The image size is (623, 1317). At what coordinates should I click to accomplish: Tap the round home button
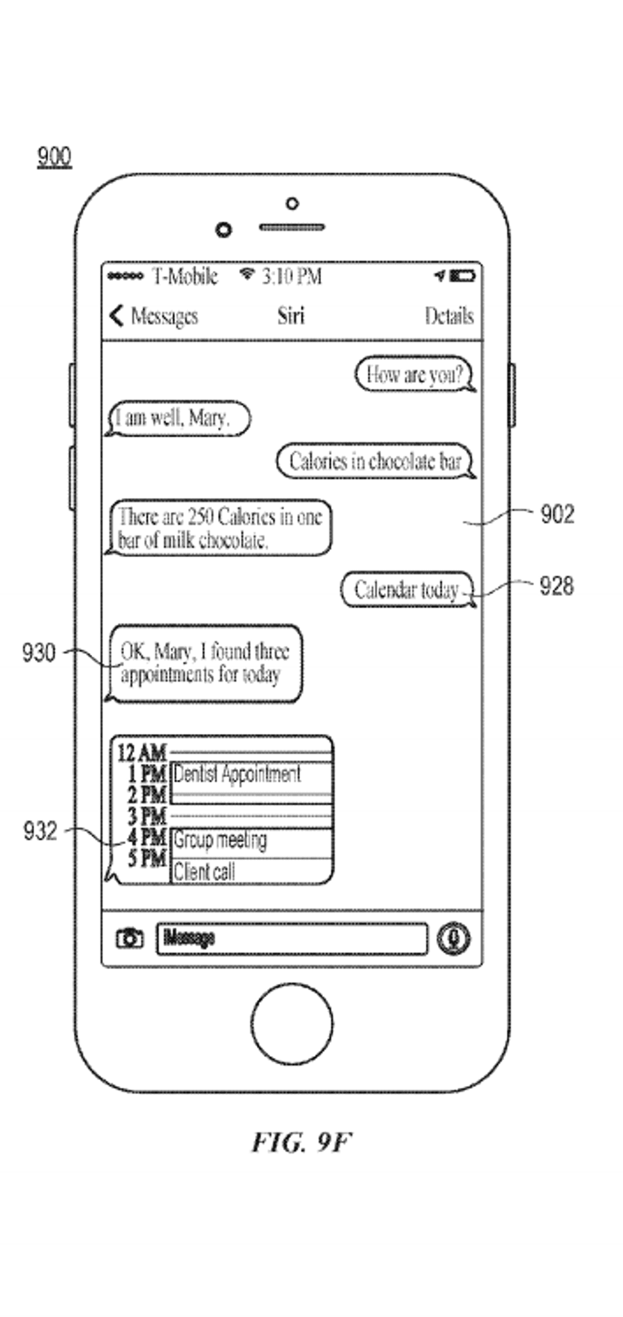(292, 1023)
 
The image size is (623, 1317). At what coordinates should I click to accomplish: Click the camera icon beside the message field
(130, 938)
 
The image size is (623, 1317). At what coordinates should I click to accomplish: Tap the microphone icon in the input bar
(453, 938)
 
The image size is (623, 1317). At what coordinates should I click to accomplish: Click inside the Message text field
(292, 939)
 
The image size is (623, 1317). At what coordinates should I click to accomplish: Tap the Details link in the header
(449, 316)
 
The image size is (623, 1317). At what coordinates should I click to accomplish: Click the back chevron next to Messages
(116, 315)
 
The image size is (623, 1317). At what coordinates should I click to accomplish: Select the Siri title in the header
(291, 315)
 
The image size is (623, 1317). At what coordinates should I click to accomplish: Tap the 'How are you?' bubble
(414, 374)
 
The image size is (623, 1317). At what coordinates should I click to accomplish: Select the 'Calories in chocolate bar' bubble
(375, 460)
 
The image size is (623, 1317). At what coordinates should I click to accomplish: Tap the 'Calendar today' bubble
(407, 590)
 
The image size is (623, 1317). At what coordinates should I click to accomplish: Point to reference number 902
(557, 514)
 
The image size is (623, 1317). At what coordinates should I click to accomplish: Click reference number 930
(39, 653)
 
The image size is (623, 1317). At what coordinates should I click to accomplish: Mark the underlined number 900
(54, 156)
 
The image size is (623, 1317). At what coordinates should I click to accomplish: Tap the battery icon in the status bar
(463, 276)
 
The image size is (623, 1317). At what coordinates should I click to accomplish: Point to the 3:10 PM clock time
(292, 277)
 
